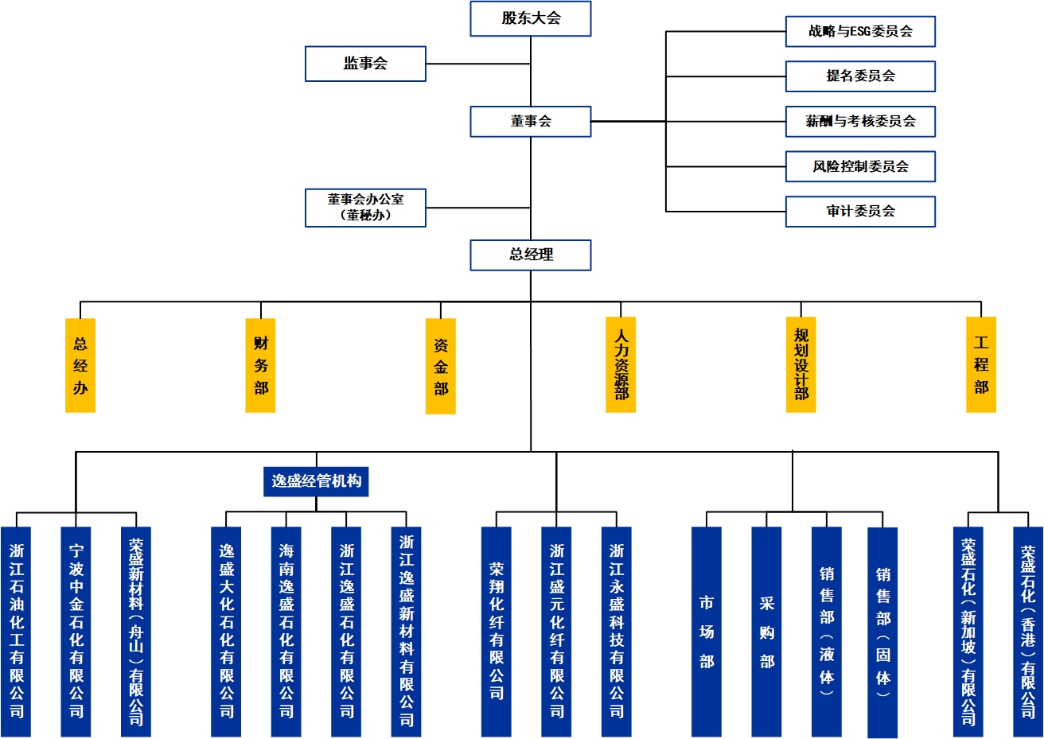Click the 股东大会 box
click(531, 19)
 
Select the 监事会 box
click(365, 64)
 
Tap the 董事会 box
click(531, 122)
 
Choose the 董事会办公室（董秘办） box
click(365, 208)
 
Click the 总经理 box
click(531, 255)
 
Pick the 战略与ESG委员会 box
click(860, 32)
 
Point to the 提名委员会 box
click(860, 76)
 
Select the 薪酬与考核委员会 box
click(860, 122)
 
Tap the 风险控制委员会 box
click(860, 166)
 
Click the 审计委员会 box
click(860, 212)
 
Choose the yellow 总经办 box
click(80, 365)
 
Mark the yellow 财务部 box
click(261, 365)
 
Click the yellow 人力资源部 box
click(621, 365)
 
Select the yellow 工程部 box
click(981, 365)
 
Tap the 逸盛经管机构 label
click(316, 481)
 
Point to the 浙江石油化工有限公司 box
click(16, 631)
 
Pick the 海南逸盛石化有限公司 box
click(286, 631)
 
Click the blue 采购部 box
click(766, 631)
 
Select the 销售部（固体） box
click(882, 632)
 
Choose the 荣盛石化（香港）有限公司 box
click(1027, 631)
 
